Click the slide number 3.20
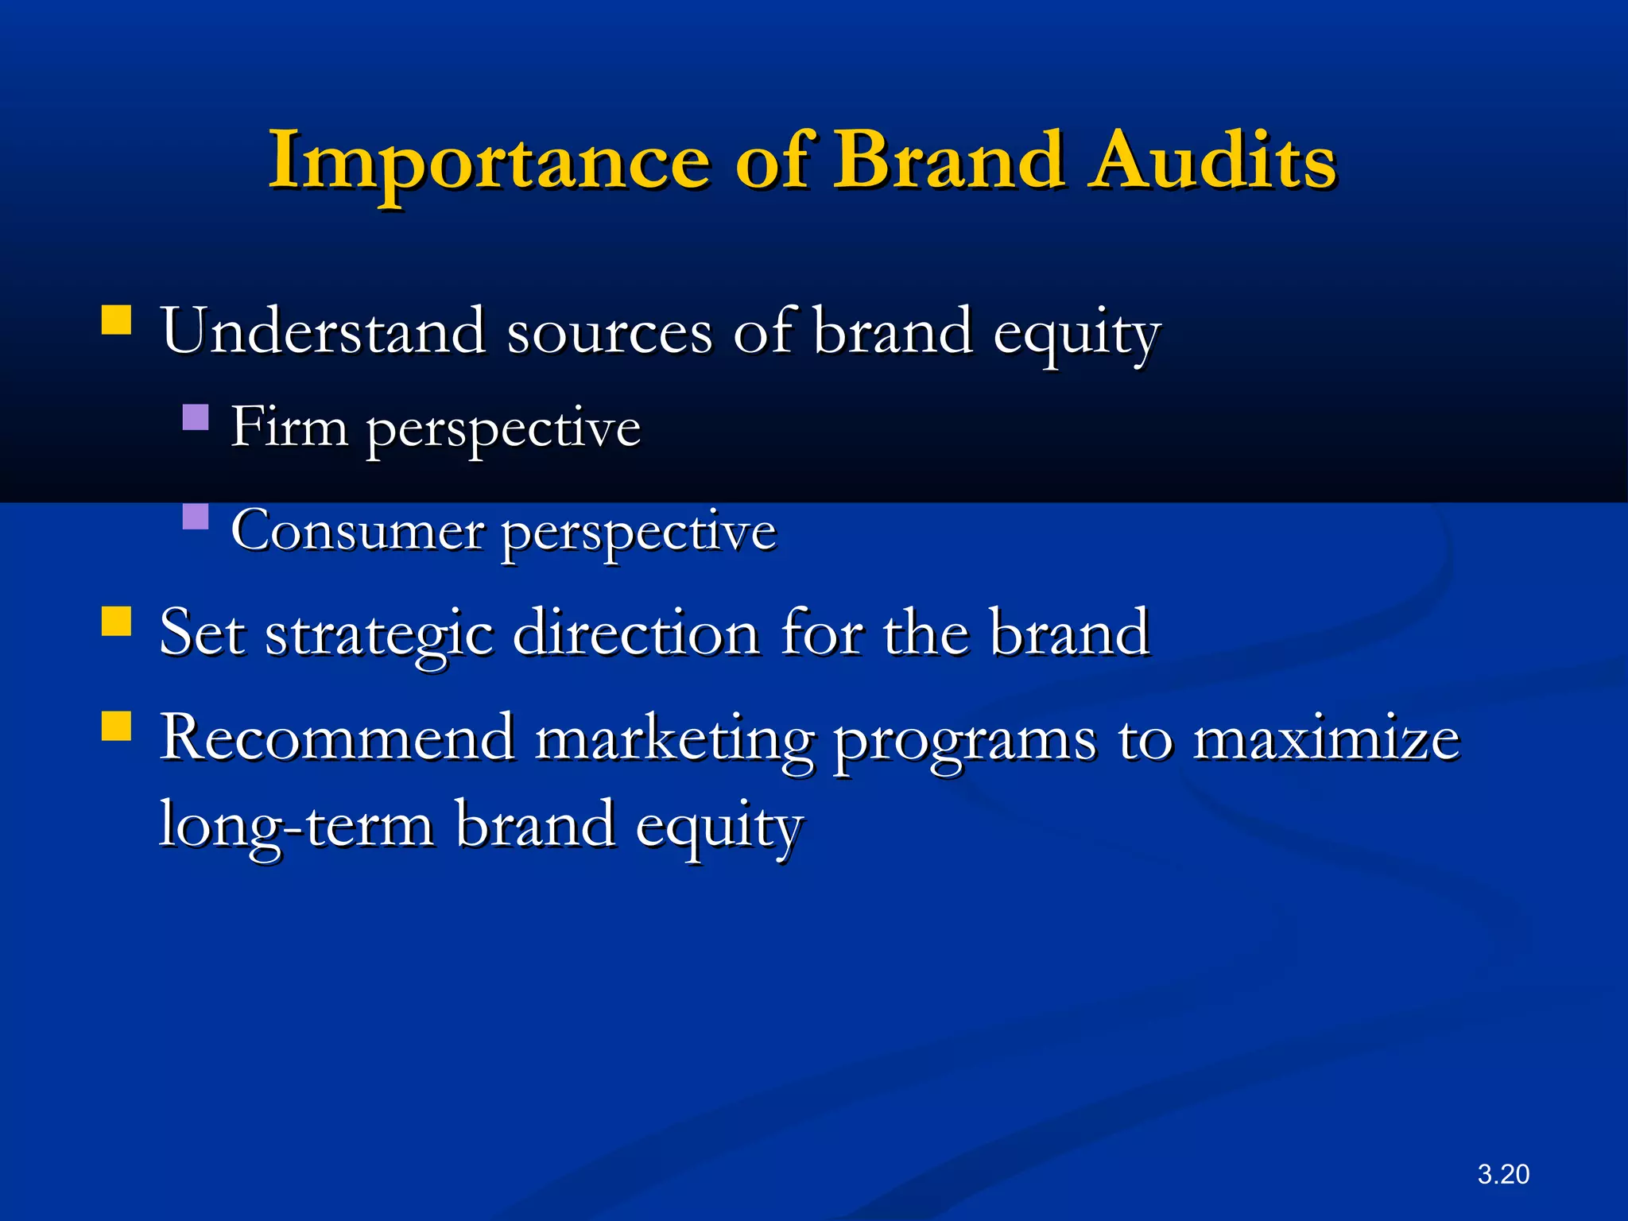pyautogui.click(x=1502, y=1174)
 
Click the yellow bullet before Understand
pyautogui.click(x=117, y=320)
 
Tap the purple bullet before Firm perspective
pyautogui.click(x=196, y=417)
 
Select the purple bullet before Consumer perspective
pyautogui.click(x=196, y=517)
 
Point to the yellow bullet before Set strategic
pyautogui.click(x=117, y=622)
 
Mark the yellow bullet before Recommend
pyautogui.click(x=117, y=726)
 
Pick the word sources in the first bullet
pyautogui.click(x=609, y=332)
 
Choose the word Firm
pyautogui.click(x=289, y=428)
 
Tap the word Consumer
pyautogui.click(x=357, y=531)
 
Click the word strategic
pyautogui.click(x=379, y=634)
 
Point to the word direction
pyautogui.click(x=637, y=633)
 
